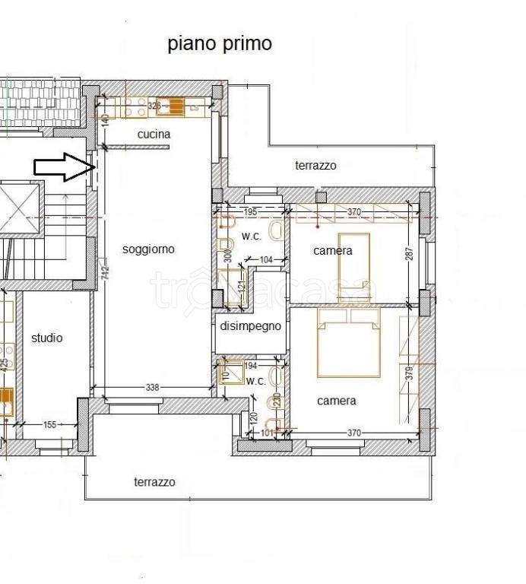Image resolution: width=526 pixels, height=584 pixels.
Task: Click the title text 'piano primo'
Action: tap(220, 43)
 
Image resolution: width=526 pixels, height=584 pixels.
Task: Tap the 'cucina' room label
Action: tap(154, 135)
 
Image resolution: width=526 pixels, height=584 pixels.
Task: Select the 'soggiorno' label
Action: tap(149, 249)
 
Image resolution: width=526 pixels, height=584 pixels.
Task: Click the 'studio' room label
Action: tap(47, 338)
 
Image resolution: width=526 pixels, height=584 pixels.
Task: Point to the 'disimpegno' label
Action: tap(250, 326)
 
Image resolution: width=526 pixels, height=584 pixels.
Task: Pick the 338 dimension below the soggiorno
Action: tap(153, 388)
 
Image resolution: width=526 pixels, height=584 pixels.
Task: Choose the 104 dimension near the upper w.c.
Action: tap(265, 260)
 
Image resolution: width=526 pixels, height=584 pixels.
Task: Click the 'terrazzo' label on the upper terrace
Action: tap(315, 165)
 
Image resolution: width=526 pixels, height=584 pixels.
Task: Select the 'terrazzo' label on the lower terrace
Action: tap(154, 482)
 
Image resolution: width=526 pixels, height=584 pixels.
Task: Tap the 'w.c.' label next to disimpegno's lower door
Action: tap(255, 380)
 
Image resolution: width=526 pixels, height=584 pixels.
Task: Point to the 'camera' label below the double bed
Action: tap(336, 401)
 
